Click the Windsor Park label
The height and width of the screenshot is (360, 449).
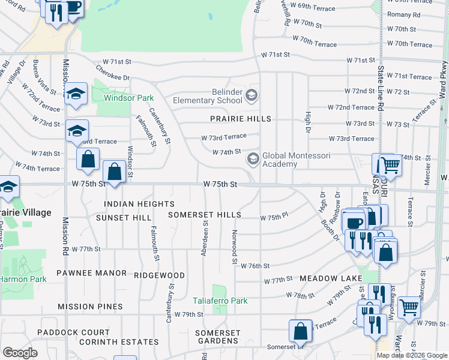[128, 98]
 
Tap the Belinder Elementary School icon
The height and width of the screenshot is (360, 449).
[252, 95]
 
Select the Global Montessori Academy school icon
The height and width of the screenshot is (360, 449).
[253, 158]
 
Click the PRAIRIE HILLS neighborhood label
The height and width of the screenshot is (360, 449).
[240, 119]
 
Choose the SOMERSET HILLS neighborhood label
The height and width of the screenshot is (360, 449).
[204, 215]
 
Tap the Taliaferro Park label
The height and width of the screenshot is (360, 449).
[220, 301]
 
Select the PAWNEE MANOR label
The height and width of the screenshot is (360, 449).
[91, 273]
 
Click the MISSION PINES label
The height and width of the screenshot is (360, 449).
[90, 307]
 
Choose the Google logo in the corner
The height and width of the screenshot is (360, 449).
[20, 353]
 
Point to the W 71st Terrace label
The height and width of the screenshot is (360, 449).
[409, 77]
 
